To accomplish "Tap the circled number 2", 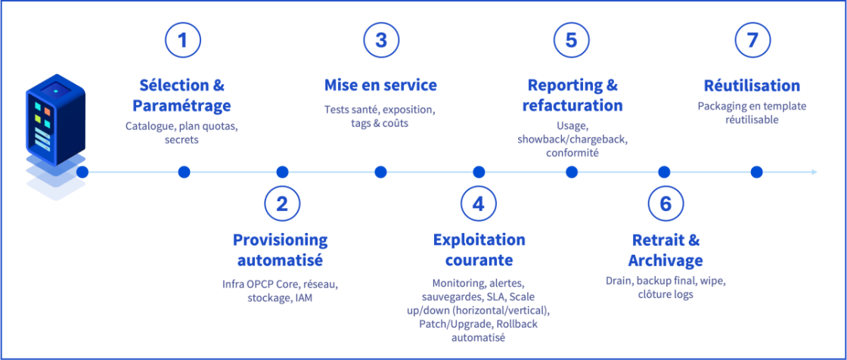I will point(282,203).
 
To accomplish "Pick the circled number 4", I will point(479,203).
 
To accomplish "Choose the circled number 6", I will point(665,203).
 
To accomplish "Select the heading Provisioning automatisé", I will point(280,250).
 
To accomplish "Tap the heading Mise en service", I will point(380,85).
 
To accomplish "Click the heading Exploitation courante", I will point(479,250).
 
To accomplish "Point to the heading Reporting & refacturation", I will point(572,95).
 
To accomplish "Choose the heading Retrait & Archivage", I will point(665,250).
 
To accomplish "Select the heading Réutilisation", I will point(752,85).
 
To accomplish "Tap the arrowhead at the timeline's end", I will point(814,172).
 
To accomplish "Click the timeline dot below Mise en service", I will point(380,172).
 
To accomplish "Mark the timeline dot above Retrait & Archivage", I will point(664,172).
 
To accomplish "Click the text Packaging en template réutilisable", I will point(752,113).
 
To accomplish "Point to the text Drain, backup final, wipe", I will point(665,281).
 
